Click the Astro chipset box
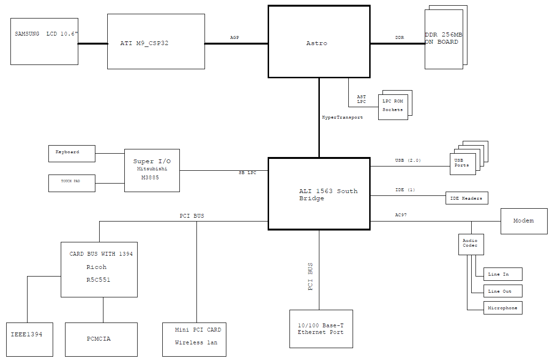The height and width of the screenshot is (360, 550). (x=319, y=41)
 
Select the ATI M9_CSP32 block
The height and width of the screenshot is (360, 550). (x=156, y=41)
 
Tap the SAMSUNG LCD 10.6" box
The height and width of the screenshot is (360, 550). (x=44, y=41)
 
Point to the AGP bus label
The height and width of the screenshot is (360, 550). (x=234, y=37)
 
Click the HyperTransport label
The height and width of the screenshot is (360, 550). (x=342, y=118)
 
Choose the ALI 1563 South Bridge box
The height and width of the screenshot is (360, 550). (x=319, y=194)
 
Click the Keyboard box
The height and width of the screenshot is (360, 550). (x=72, y=154)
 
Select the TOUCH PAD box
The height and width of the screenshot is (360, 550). (x=72, y=184)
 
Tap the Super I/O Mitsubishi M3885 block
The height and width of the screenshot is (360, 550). (x=152, y=171)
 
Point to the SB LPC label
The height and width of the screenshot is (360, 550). (x=247, y=173)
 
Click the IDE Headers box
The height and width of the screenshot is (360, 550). (x=466, y=198)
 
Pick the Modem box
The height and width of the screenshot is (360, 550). (x=524, y=221)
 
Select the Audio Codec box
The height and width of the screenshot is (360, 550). (x=471, y=244)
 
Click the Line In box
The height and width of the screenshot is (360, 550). (x=503, y=274)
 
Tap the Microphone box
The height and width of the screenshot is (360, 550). (x=503, y=308)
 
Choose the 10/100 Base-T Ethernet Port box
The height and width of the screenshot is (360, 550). (x=321, y=329)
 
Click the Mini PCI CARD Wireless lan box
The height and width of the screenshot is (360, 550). (x=194, y=340)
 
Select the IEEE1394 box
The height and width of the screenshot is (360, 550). (x=29, y=340)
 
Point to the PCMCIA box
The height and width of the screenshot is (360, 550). (x=101, y=340)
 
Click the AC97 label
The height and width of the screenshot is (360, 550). (x=401, y=215)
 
